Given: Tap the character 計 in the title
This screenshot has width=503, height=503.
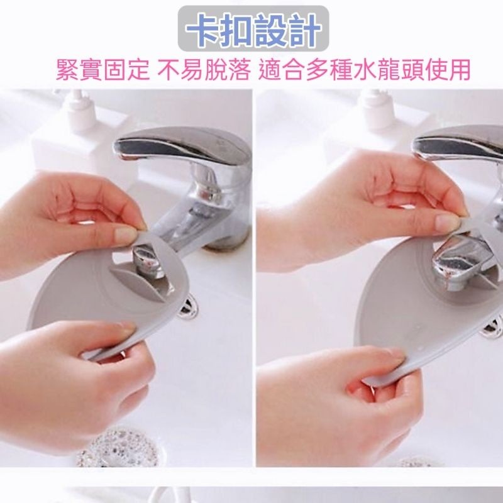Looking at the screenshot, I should pyautogui.click(x=306, y=29).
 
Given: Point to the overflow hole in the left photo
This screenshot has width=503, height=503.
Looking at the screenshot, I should pyautogui.click(x=186, y=310).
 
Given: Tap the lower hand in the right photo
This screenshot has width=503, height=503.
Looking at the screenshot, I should pyautogui.click(x=333, y=402).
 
